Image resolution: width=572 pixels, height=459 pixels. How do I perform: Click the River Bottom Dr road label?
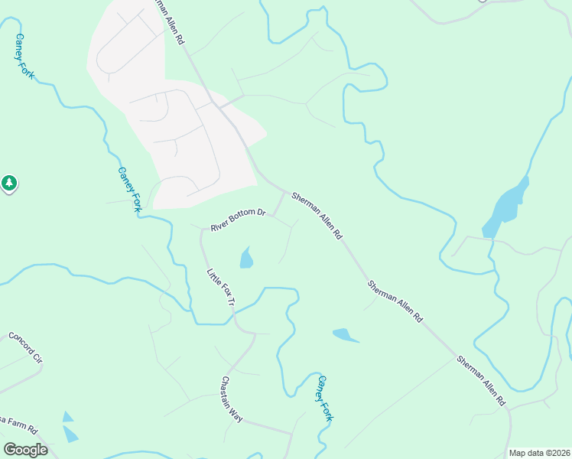point(237,220)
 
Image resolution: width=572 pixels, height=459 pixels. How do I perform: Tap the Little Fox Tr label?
point(221,287)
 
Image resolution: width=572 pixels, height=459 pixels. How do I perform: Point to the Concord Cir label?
point(26,348)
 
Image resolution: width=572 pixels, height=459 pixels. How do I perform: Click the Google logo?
point(25,449)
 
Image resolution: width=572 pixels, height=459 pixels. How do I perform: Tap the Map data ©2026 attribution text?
point(539,453)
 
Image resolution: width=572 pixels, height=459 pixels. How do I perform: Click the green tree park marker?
point(8,183)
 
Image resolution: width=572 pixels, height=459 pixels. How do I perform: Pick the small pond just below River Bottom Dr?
point(246,259)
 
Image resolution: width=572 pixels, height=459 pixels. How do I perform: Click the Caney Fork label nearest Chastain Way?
point(325,398)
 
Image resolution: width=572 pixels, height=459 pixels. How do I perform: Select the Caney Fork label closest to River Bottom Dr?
point(130,190)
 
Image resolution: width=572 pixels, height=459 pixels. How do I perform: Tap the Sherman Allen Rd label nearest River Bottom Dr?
point(316,216)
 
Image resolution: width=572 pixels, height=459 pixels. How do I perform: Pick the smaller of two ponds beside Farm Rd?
point(68,417)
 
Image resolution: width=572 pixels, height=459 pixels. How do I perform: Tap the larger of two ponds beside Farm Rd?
point(70,434)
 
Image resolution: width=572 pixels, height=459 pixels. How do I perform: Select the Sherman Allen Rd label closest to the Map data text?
point(481,379)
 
